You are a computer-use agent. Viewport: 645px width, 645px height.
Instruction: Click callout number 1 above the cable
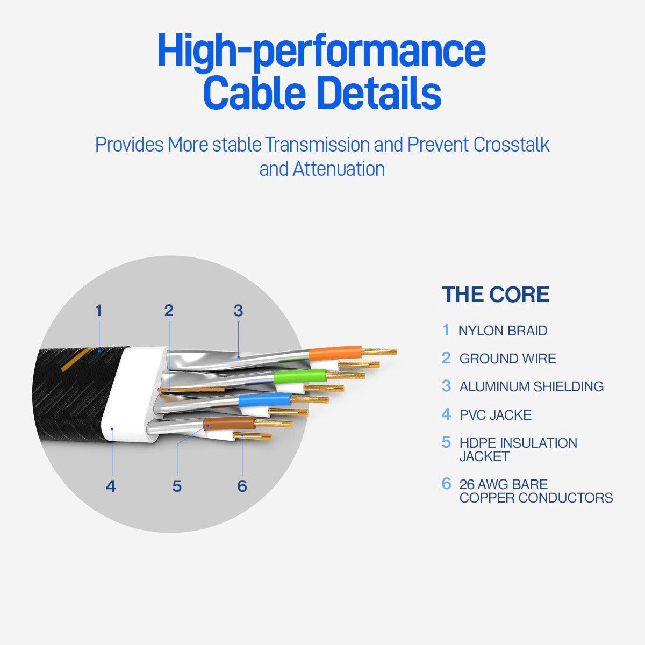[98, 311]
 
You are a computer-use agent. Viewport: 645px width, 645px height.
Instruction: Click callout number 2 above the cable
[169, 311]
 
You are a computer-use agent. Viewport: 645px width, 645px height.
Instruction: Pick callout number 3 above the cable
[238, 311]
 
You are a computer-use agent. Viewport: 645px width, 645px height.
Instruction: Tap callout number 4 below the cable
[110, 486]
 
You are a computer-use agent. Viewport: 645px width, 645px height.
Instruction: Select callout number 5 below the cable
[177, 486]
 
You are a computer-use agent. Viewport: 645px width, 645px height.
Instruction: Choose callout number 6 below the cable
[242, 486]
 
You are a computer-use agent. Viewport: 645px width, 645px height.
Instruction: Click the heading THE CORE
[496, 295]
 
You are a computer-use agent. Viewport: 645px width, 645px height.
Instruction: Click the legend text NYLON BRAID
[503, 331]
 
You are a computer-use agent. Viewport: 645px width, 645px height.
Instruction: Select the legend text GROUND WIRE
[507, 359]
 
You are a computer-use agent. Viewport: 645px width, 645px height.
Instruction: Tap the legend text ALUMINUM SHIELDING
[531, 386]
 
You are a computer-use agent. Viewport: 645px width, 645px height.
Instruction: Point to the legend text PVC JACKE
[495, 415]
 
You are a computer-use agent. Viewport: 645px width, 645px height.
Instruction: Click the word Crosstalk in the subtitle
[511, 145]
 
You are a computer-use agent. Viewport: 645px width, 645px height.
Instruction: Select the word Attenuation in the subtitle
[339, 169]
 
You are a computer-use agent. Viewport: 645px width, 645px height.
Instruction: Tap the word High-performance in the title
[321, 51]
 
